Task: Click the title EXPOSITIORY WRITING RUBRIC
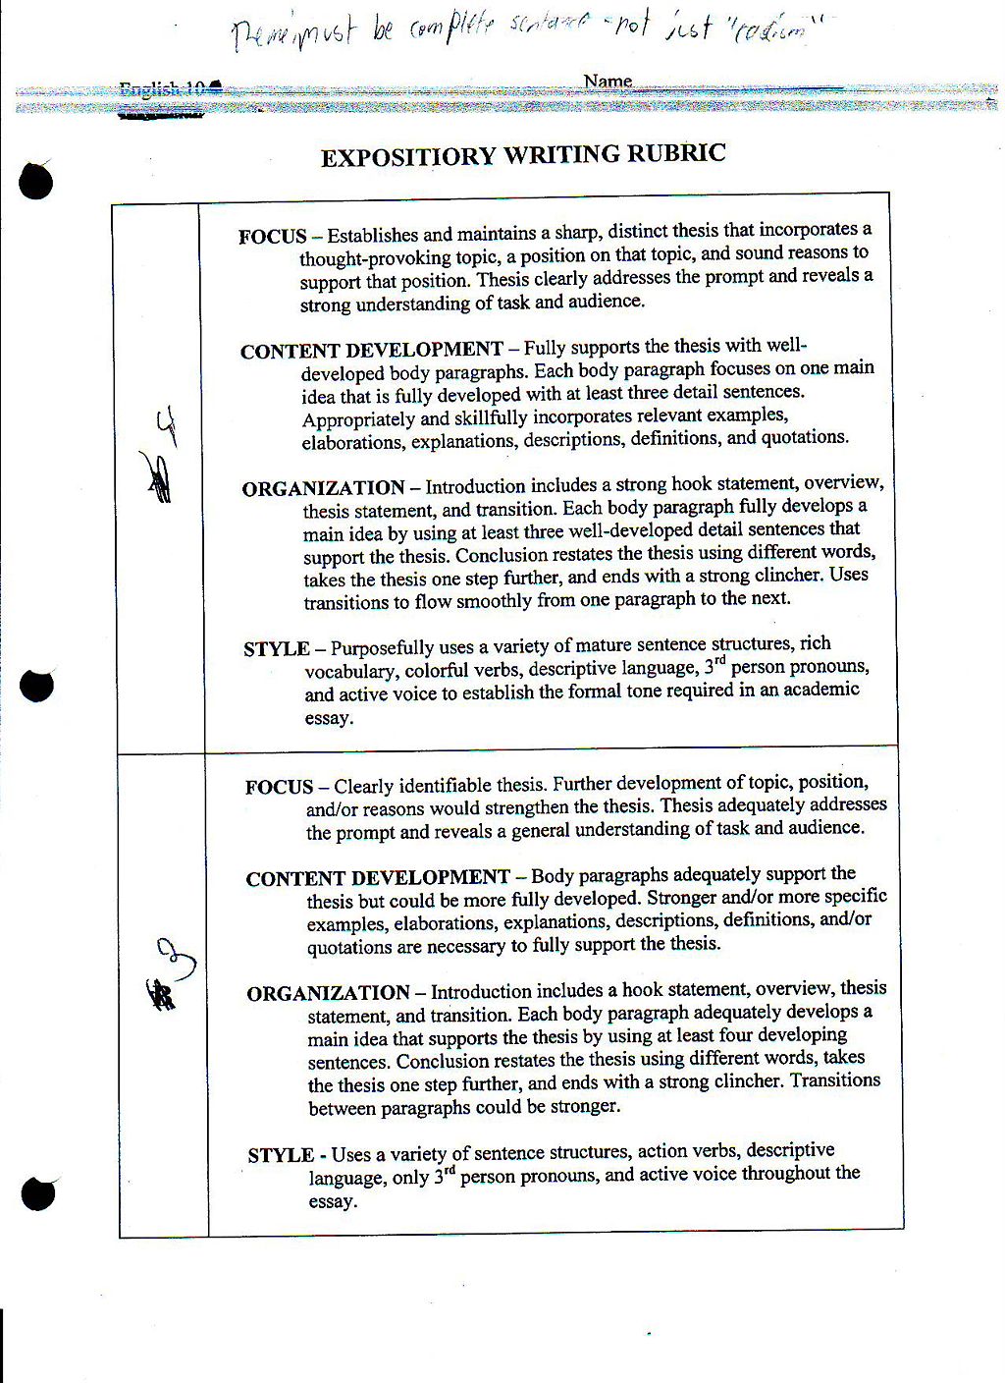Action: coord(523,155)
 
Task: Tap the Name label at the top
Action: coord(608,82)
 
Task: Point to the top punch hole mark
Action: coord(35,180)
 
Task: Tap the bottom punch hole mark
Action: coord(37,1193)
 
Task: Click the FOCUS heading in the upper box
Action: coord(272,237)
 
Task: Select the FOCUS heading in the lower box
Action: coord(279,787)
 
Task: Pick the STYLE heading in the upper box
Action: coord(276,649)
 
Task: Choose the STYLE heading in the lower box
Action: coord(281,1155)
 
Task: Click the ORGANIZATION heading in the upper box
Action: coord(323,488)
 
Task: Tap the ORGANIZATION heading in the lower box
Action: coord(328,993)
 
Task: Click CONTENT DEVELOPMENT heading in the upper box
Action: coord(371,351)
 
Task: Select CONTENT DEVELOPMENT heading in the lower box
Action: coord(377,878)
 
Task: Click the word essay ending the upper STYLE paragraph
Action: coord(329,718)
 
